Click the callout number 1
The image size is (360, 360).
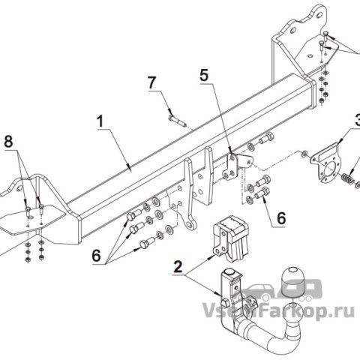100,121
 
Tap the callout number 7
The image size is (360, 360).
152,82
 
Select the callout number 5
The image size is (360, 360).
204,74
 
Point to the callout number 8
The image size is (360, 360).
8,142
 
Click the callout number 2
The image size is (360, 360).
178,267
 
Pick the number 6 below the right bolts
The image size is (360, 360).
281,218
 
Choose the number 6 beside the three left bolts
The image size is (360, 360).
96,256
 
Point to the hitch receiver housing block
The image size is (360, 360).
230,238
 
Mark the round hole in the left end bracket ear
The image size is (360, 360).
19,188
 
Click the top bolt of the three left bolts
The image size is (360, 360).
134,215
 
